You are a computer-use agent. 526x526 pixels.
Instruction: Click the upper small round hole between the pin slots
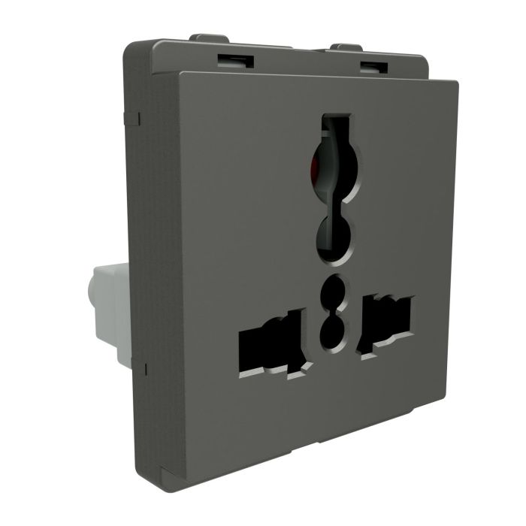(x=331, y=292)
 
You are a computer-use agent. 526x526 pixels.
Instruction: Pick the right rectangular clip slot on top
(x=370, y=66)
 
